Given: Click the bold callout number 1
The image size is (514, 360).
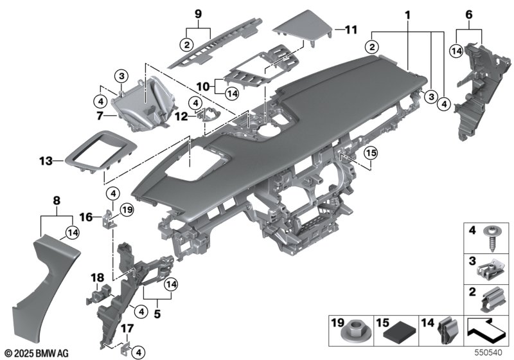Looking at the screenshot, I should tap(407, 14).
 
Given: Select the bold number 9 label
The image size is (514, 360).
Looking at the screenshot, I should tap(198, 14).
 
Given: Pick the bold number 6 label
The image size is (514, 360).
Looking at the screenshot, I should tap(468, 14).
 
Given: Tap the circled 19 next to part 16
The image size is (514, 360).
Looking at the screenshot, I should tap(126, 210).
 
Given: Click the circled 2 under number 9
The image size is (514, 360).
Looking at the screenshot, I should tap(186, 45).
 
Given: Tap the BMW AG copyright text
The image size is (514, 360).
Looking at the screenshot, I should tap(36, 353).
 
